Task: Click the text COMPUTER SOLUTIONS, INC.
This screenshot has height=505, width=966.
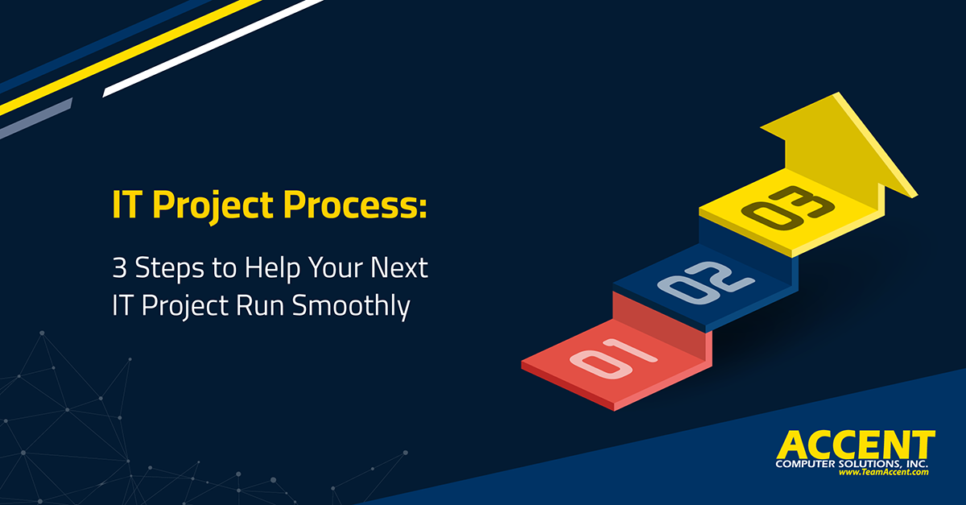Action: (852, 465)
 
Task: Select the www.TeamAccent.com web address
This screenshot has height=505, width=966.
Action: (884, 473)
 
